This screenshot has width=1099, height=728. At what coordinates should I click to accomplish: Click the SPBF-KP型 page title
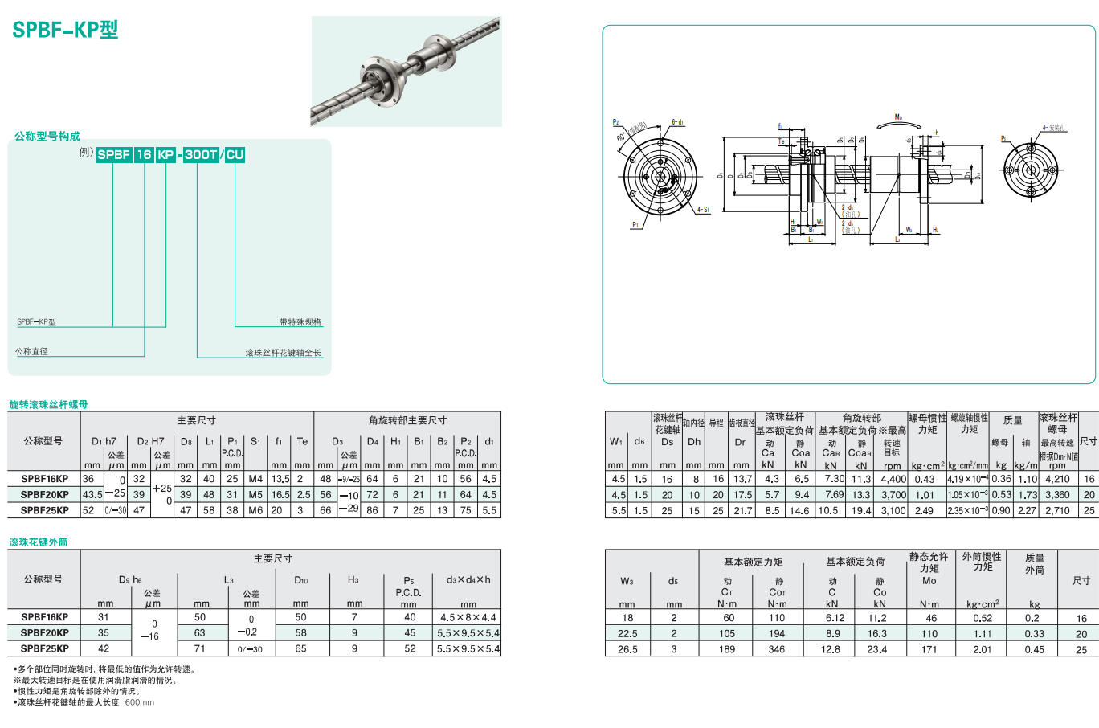(x=65, y=30)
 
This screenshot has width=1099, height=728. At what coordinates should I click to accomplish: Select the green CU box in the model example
(x=235, y=154)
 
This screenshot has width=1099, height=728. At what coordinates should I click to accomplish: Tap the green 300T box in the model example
(x=200, y=154)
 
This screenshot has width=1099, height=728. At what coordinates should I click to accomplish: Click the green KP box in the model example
(x=165, y=154)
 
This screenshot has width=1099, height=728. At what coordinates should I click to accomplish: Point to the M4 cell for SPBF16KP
(x=255, y=479)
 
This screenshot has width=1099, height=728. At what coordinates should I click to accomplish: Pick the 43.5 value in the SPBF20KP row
(x=92, y=495)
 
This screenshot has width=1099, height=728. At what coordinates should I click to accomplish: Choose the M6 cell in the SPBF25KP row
(x=255, y=510)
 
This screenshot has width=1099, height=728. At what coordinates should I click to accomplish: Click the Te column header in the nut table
(x=302, y=441)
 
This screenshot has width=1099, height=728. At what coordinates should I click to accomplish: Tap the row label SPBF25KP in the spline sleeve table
(x=45, y=648)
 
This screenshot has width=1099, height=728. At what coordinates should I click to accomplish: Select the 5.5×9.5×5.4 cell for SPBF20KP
(x=468, y=633)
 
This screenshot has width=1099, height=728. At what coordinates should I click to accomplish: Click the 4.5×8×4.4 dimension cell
(x=468, y=618)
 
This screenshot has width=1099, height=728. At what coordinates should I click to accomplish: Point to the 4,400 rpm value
(x=893, y=479)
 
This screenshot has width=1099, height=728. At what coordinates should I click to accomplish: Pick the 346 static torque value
(x=776, y=649)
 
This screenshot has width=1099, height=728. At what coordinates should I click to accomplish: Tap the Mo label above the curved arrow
(x=898, y=117)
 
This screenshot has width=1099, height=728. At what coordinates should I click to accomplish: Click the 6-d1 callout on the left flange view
(x=678, y=122)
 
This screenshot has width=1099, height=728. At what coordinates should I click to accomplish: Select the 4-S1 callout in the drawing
(x=703, y=210)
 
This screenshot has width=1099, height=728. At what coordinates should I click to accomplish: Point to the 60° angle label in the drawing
(x=621, y=137)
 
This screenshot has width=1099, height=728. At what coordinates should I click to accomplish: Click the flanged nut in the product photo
(x=382, y=82)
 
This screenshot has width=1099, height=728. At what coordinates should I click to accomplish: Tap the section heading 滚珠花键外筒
(x=39, y=542)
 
